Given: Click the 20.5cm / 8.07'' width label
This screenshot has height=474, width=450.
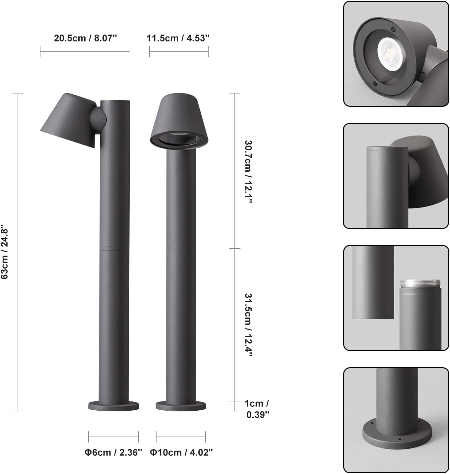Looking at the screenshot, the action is tap(86, 38).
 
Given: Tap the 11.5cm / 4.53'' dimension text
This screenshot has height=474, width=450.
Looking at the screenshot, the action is tap(178, 38).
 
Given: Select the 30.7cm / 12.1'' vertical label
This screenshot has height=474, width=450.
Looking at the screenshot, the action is tap(248, 172).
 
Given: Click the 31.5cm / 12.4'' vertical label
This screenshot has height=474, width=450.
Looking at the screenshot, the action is tap(248, 325).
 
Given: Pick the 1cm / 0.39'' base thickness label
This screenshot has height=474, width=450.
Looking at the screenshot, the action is tap(257, 409).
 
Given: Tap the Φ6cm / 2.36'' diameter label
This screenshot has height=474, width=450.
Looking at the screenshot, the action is tap(113, 452).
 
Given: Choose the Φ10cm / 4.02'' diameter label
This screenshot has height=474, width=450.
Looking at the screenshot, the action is tap(181, 452).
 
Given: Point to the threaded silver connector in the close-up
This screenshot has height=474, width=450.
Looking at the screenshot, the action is tap(420, 284).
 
